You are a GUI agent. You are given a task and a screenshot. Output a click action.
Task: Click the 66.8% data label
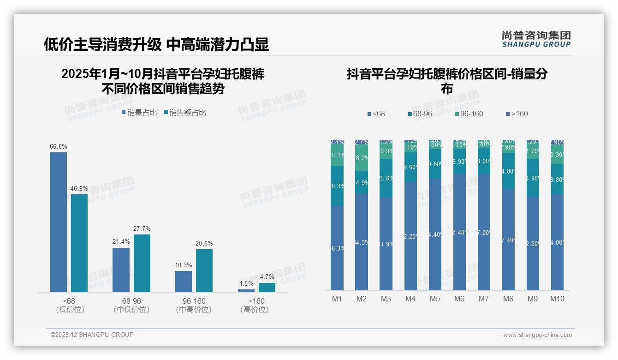click(x=59, y=147)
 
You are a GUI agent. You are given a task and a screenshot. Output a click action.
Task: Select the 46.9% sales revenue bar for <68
click(x=79, y=243)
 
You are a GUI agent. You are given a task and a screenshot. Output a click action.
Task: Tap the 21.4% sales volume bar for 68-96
click(x=121, y=270)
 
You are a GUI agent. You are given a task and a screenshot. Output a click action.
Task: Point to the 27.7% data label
click(x=142, y=229)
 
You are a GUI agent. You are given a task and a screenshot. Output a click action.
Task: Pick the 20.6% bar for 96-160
click(x=204, y=270)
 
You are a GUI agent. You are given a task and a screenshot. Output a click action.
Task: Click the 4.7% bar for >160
click(x=267, y=288)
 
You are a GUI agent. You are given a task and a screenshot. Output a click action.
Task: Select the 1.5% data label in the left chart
click(x=246, y=284)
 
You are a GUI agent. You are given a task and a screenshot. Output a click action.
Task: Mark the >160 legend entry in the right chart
click(x=517, y=114)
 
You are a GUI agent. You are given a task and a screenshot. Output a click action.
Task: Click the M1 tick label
click(x=337, y=299)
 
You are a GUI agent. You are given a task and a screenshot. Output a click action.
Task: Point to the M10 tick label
click(x=557, y=299)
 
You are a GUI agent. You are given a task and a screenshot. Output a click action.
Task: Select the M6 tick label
click(x=459, y=299)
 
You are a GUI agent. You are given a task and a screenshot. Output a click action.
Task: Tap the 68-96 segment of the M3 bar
click(x=386, y=178)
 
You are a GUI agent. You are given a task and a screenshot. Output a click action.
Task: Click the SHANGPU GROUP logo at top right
click(x=536, y=39)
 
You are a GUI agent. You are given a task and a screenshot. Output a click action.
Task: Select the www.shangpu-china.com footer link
click(x=537, y=335)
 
